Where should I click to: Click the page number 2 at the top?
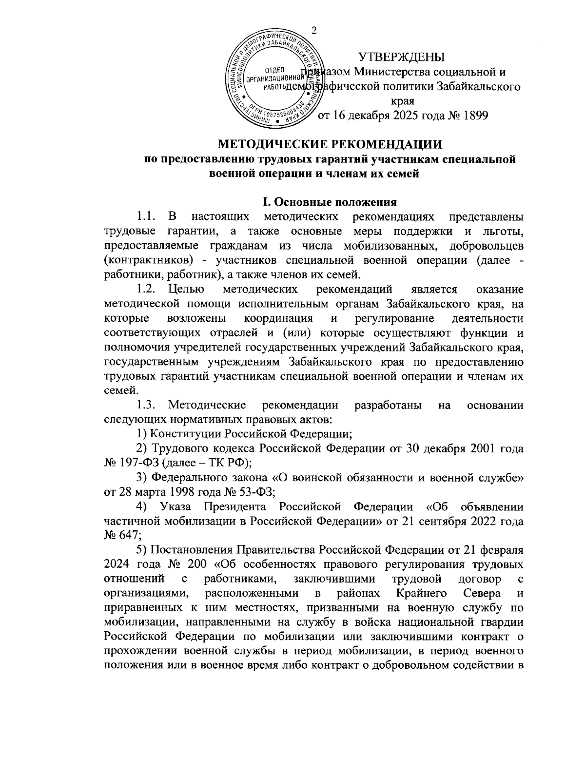point(314,30)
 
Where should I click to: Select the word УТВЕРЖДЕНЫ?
point(402,57)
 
